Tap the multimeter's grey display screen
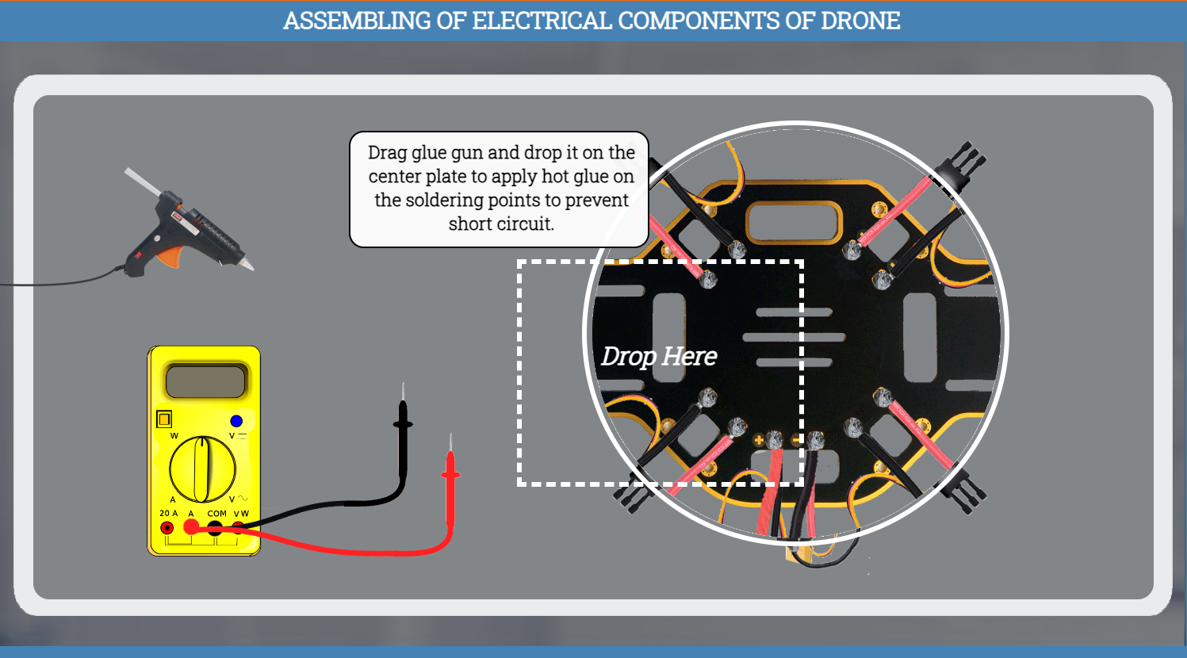[205, 381]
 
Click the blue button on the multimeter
[236, 421]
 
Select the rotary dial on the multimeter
[202, 469]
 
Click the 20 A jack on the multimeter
[167, 528]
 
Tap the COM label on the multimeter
[216, 514]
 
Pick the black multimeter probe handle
[403, 428]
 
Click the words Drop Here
[659, 357]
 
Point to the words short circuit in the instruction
[501, 224]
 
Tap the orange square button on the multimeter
[164, 418]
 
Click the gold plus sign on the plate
[758, 440]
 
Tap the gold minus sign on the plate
[797, 440]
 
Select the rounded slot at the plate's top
[794, 223]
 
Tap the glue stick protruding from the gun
[140, 180]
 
